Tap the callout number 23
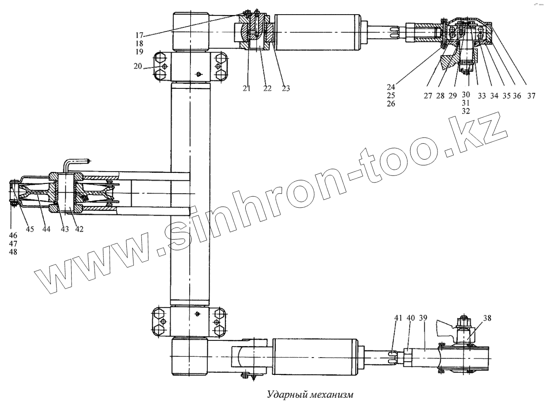(x=285, y=88)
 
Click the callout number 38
(x=487, y=317)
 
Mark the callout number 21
(x=246, y=88)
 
